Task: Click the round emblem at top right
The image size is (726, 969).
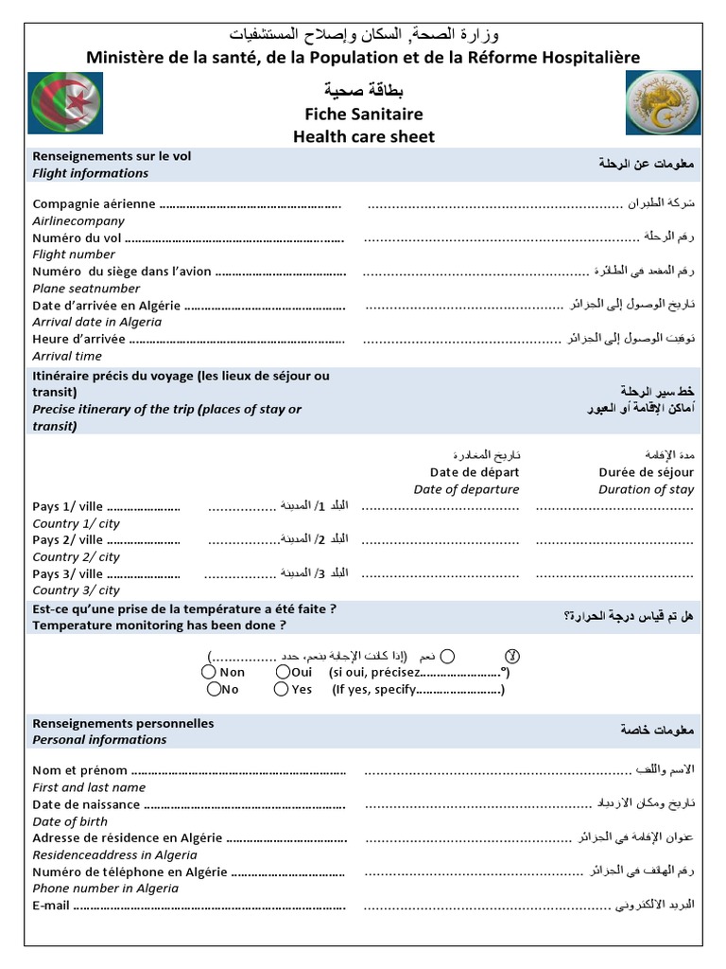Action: click(x=660, y=102)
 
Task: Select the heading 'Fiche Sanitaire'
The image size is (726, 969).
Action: click(x=363, y=114)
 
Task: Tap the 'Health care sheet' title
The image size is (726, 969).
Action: click(x=363, y=136)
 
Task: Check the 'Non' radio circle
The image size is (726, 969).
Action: click(x=209, y=672)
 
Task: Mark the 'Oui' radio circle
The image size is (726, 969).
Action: click(x=283, y=672)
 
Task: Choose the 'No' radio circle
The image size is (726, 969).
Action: click(x=209, y=689)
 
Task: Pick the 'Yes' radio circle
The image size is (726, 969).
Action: click(x=281, y=689)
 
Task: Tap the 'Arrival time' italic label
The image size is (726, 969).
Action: click(x=67, y=356)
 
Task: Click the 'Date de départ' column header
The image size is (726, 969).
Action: click(x=474, y=472)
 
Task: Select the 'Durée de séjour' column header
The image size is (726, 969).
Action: click(x=646, y=472)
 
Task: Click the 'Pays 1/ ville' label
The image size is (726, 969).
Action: click(x=68, y=506)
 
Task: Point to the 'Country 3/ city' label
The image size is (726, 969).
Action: click(x=76, y=590)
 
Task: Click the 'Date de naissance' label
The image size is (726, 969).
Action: click(x=86, y=804)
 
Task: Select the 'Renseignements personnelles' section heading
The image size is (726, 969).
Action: click(x=123, y=723)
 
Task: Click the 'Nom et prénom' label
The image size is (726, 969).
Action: click(x=79, y=770)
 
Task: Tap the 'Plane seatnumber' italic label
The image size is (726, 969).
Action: click(x=86, y=288)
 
